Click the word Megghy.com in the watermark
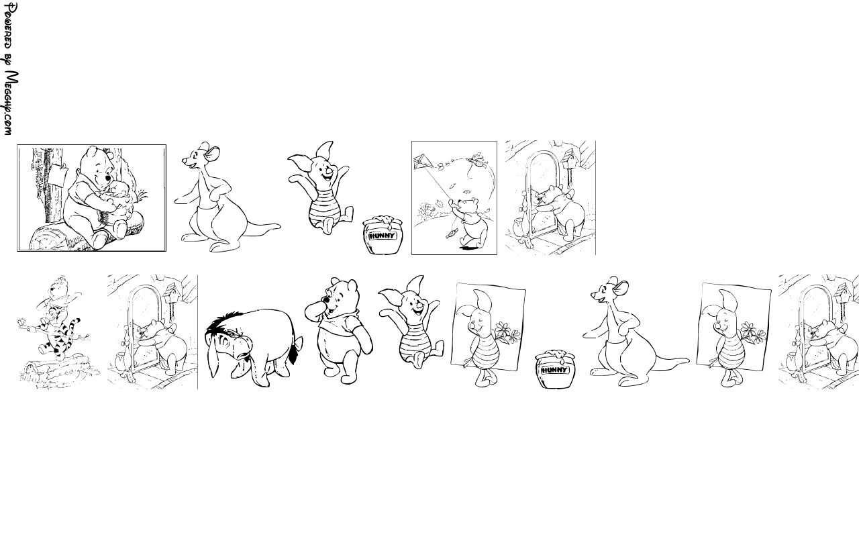[11, 103]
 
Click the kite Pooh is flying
[423, 162]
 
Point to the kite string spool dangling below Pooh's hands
[452, 233]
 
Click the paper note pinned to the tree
[58, 174]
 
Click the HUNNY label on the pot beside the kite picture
[382, 236]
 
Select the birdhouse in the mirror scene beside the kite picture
[568, 158]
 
